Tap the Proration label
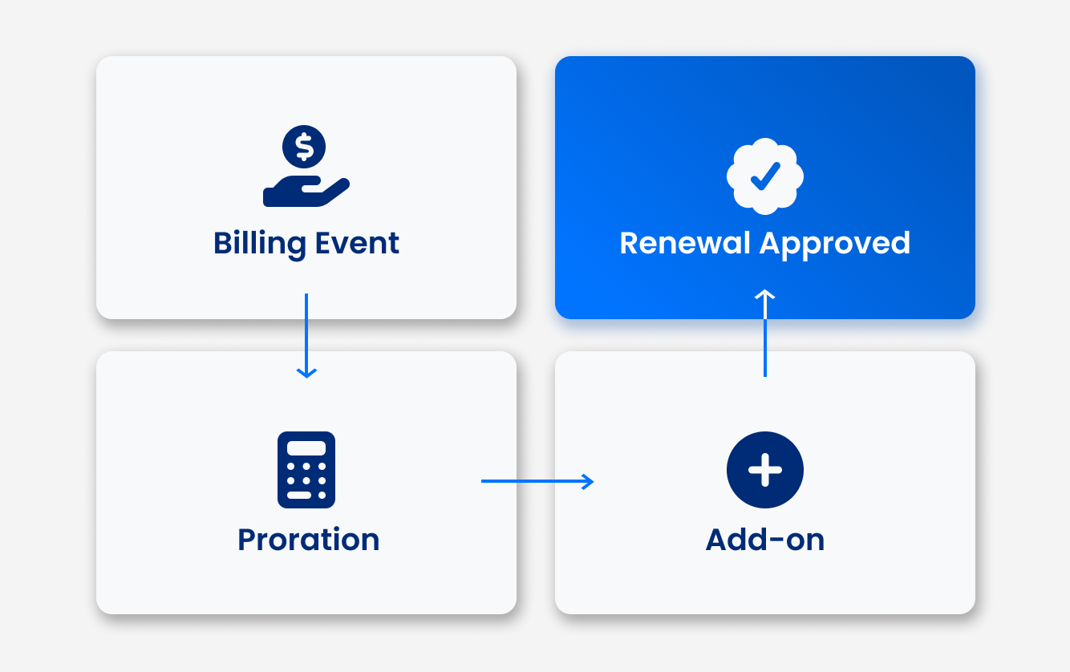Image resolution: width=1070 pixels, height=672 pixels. tap(308, 539)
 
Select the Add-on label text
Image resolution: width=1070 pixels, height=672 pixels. tap(765, 539)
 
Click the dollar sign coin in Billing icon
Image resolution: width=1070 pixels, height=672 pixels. tap(304, 147)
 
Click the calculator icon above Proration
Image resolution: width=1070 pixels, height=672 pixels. tap(306, 470)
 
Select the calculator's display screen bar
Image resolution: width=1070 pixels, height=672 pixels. tap(306, 448)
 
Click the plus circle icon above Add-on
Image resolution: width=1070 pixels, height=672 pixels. tap(765, 470)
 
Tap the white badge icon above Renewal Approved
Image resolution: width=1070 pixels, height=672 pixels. tap(765, 176)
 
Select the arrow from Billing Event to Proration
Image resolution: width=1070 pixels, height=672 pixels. tap(306, 333)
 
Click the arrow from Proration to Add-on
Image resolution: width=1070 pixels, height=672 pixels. tap(536, 481)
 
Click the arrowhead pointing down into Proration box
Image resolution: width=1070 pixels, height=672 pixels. tap(306, 373)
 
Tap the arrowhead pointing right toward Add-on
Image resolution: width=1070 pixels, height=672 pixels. tap(589, 481)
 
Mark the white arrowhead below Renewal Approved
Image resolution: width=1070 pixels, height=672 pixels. tap(765, 294)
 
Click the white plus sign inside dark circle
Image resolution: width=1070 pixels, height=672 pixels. tap(765, 470)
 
